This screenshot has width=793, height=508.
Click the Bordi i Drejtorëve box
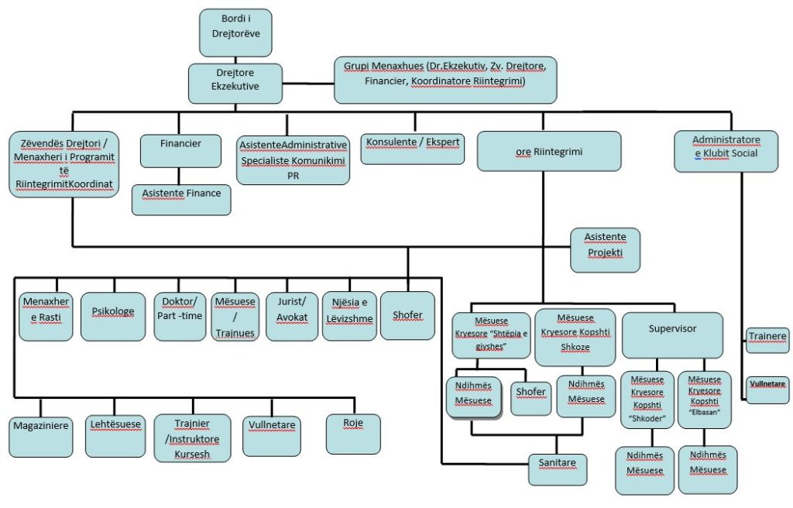[x=235, y=33]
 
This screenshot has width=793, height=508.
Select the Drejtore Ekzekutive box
[x=235, y=84]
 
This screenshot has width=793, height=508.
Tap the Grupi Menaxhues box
[x=445, y=78]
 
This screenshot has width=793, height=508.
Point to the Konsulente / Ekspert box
[x=414, y=148]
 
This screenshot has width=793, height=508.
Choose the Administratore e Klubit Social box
[x=726, y=151]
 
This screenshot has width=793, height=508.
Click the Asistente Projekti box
[x=605, y=249]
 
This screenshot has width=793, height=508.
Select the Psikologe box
[x=113, y=315]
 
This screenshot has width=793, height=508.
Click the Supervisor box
[x=672, y=335]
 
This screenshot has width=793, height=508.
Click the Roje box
[x=353, y=434]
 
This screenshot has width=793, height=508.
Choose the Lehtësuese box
[x=115, y=436]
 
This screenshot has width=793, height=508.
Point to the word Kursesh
[x=192, y=451]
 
